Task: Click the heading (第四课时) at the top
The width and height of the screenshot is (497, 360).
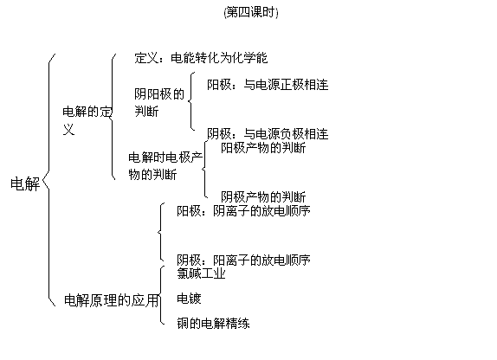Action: point(251,13)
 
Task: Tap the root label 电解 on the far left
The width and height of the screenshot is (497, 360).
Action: point(25,183)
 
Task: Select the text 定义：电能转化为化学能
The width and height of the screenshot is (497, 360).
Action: point(201,58)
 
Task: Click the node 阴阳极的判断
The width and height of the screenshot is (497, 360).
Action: point(159,103)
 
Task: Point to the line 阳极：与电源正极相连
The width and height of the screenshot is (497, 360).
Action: point(268,85)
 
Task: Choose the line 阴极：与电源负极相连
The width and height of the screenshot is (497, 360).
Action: point(268,134)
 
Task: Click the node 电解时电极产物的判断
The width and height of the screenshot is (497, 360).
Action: point(165,166)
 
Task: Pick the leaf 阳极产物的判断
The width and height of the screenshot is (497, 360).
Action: point(263,148)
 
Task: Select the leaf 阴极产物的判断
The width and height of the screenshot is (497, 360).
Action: point(263,196)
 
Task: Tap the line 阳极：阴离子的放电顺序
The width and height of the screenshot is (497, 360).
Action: point(243,211)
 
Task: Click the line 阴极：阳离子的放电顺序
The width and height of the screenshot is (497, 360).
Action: point(243,260)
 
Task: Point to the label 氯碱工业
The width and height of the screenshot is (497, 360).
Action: point(201,273)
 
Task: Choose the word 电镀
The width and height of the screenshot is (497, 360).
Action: point(189,299)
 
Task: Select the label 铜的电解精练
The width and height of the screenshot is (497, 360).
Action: point(213,324)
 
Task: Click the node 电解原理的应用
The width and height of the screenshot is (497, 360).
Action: point(111,300)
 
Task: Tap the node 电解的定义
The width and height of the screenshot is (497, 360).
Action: point(87,120)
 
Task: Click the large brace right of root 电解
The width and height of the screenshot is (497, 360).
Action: point(48,180)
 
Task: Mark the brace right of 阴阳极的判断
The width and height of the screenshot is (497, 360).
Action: point(191,101)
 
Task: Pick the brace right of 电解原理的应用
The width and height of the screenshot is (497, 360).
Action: point(161,295)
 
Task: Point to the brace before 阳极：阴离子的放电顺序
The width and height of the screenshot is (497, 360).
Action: point(161,232)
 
